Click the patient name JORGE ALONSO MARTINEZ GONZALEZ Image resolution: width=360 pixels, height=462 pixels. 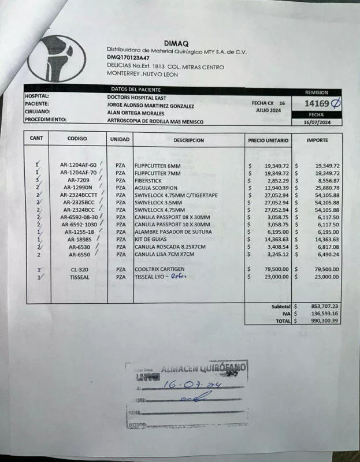point(151,106)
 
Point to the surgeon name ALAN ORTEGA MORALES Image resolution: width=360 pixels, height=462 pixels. point(136,113)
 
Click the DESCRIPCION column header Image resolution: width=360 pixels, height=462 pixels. point(188,140)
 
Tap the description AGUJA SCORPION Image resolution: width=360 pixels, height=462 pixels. point(155,188)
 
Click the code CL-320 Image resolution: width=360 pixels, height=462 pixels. point(79,269)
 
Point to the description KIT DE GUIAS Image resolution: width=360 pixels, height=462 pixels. point(150,239)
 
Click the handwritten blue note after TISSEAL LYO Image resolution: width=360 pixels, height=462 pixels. point(177,277)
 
